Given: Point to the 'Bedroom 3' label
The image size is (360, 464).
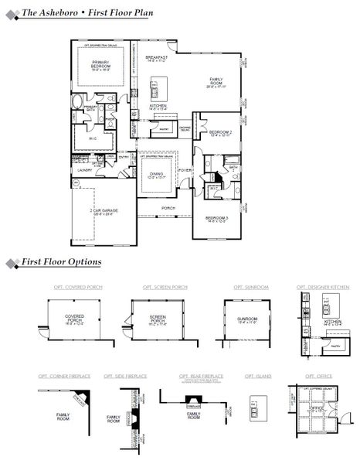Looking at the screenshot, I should pyautogui.click(x=217, y=219).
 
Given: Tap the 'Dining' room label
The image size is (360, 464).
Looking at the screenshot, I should pyautogui.click(x=158, y=176).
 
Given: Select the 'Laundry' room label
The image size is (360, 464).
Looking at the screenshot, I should pyautogui.click(x=84, y=170).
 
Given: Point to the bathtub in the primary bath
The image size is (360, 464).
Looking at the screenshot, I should pyautogui.click(x=78, y=102).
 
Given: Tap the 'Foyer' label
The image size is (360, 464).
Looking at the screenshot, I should pyautogui.click(x=185, y=170).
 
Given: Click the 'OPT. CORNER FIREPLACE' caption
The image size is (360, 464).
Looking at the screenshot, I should pyautogui.click(x=64, y=376).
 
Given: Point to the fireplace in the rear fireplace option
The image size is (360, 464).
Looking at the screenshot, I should pyautogui.click(x=191, y=403).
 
